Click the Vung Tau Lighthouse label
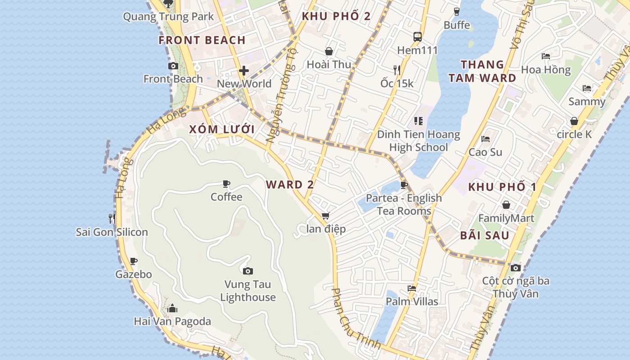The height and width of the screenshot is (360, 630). click(x=248, y=291)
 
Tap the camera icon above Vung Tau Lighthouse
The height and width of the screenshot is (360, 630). click(x=247, y=271)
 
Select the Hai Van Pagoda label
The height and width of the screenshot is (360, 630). click(x=172, y=321)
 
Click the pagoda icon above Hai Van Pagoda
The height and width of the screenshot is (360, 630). click(x=172, y=309)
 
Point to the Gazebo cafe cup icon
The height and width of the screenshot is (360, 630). click(x=133, y=261)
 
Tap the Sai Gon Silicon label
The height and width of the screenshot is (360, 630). click(x=112, y=232)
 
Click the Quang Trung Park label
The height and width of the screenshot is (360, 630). click(x=168, y=17)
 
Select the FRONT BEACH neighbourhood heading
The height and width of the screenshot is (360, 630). click(x=202, y=40)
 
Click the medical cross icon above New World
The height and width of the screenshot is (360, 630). click(x=244, y=71)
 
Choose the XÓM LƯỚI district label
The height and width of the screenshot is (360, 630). click(x=222, y=130)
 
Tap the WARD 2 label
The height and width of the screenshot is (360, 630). click(x=290, y=184)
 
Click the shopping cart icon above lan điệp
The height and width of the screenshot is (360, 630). click(x=326, y=216)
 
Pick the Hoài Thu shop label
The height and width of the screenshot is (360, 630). click(x=329, y=64)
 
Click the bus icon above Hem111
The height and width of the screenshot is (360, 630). click(x=418, y=37)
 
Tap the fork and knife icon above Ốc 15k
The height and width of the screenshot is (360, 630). click(x=396, y=70)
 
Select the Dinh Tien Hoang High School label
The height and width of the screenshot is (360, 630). click(x=418, y=141)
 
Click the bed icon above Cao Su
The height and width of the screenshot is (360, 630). click(x=485, y=139)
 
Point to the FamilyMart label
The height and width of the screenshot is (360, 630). click(x=506, y=219)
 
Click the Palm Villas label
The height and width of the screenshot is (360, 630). click(x=412, y=301)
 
